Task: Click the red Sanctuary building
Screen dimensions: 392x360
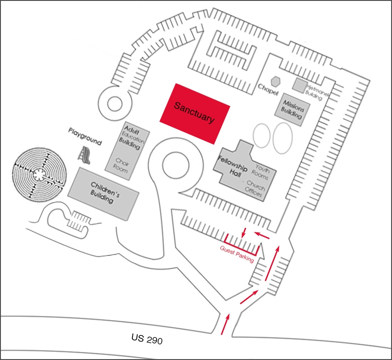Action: click(x=195, y=113)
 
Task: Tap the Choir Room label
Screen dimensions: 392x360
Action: click(x=121, y=165)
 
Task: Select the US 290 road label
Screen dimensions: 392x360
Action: click(x=147, y=339)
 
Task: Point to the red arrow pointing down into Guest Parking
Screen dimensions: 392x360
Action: click(x=244, y=232)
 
